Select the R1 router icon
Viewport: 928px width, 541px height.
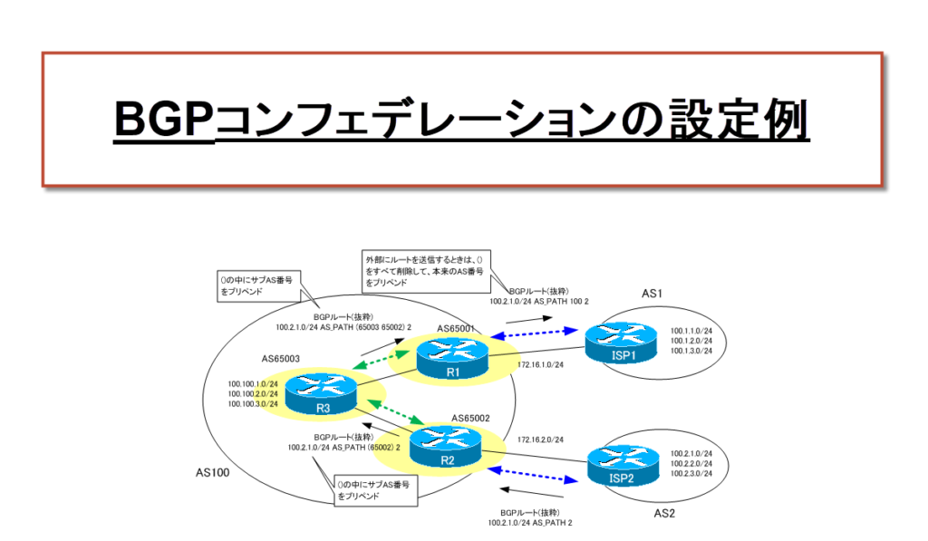point(451,359)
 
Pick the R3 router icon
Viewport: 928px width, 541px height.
point(322,395)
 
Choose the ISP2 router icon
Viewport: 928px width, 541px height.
point(623,465)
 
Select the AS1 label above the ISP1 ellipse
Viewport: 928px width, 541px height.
point(653,295)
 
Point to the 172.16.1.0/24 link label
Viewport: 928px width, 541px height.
point(540,364)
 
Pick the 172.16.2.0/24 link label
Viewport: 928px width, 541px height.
point(541,439)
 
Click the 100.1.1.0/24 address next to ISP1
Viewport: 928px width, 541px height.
point(691,332)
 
